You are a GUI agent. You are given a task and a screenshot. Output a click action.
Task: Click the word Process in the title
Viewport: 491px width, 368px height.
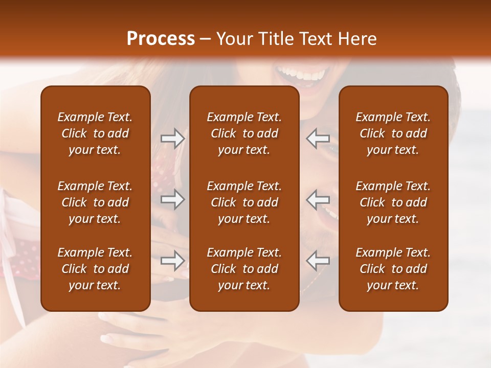(161, 39)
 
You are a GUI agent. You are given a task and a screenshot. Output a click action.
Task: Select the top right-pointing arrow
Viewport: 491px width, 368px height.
(173, 139)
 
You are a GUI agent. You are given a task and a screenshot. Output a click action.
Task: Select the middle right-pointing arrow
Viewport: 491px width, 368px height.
(173, 199)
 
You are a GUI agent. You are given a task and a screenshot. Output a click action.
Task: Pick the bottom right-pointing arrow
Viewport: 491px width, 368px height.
(173, 261)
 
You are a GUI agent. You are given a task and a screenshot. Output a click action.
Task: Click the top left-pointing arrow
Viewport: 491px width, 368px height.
(318, 139)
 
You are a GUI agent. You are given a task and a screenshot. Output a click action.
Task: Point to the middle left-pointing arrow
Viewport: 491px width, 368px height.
(318, 199)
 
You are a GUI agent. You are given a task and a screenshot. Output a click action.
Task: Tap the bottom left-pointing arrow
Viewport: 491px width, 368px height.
(318, 261)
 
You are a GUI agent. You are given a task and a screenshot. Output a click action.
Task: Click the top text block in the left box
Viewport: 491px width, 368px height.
(95, 133)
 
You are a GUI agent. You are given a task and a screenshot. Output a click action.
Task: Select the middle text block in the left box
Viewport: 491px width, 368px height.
(95, 202)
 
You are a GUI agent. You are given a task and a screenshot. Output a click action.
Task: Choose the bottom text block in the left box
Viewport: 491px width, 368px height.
(95, 269)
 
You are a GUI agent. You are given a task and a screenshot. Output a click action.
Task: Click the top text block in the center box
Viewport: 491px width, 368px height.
(244, 133)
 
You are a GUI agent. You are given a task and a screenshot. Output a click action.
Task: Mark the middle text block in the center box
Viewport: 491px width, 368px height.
(244, 202)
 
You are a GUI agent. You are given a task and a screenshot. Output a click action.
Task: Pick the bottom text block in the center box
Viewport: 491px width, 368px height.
(244, 269)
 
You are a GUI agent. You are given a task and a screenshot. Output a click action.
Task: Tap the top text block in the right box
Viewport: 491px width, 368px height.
(393, 133)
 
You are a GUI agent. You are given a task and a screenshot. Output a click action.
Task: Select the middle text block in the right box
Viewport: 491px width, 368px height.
(393, 202)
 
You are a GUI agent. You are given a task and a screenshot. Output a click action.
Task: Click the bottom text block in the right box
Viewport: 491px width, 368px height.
(393, 269)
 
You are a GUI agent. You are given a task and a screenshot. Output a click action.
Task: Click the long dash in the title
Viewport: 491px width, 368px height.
(205, 40)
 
